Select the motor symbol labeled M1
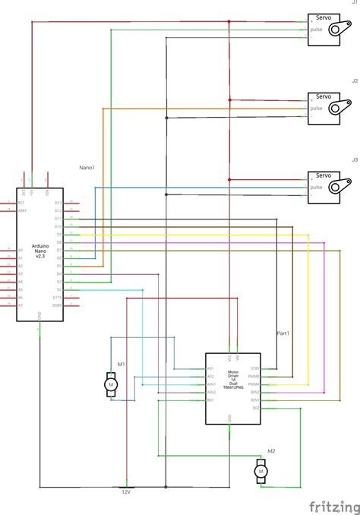110,385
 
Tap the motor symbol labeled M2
261,471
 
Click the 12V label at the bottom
127,492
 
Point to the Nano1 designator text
87,167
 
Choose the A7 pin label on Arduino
21,305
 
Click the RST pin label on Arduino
21,203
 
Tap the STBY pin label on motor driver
255,368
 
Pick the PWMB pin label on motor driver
254,376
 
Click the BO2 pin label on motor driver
256,407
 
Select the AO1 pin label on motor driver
210,368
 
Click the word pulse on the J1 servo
316,30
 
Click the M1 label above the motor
110,365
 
